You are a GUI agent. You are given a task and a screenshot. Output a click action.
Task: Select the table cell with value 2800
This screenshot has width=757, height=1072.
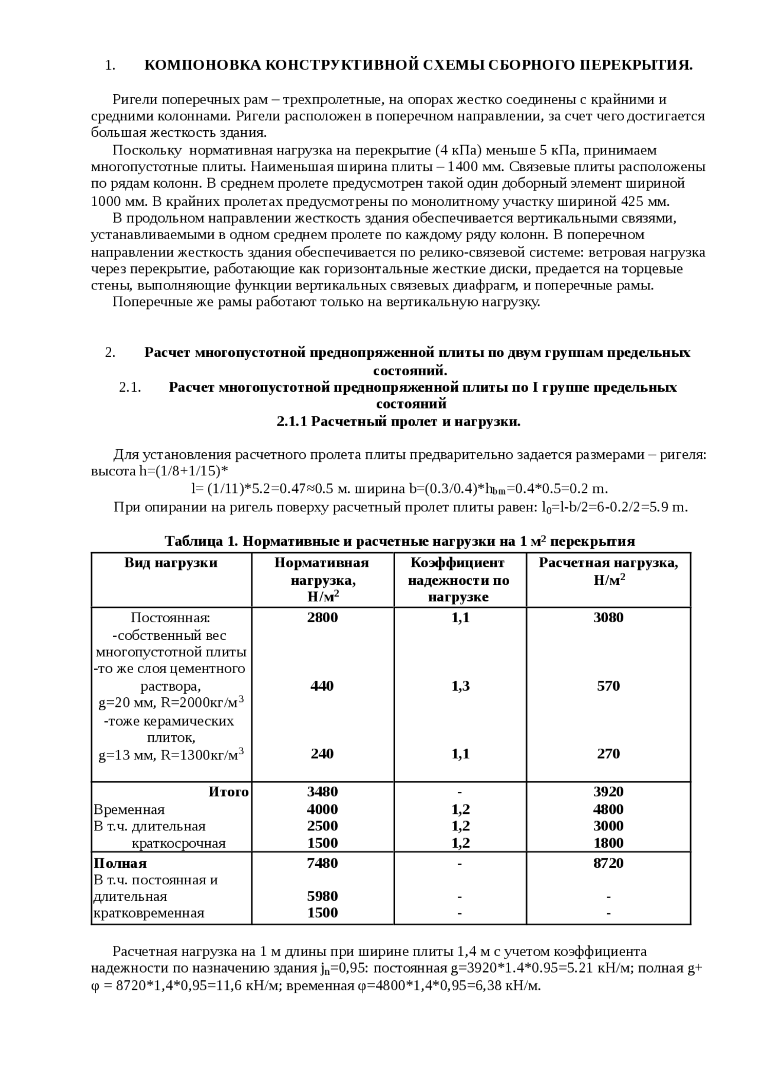[x=322, y=617]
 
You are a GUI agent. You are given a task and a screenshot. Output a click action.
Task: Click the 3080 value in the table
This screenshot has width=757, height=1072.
[x=608, y=617]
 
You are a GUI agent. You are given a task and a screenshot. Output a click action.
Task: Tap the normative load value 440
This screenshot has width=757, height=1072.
[x=322, y=685]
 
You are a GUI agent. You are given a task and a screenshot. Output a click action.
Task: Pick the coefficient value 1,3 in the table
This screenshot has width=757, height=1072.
[x=460, y=685]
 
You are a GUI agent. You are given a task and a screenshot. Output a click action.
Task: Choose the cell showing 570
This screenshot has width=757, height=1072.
[x=608, y=685]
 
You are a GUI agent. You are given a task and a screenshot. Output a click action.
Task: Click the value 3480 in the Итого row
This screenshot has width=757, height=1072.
[x=322, y=791]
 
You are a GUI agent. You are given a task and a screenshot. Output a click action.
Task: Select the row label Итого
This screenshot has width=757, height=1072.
[x=228, y=791]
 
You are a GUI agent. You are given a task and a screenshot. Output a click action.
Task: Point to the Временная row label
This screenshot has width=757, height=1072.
[x=129, y=809]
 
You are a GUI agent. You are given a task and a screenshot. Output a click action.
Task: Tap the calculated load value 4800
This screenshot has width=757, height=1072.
[x=608, y=809]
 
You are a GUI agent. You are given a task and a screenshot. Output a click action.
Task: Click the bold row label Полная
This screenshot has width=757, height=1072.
[x=120, y=863]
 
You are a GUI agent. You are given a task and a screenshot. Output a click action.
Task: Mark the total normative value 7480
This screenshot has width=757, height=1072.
[x=322, y=863]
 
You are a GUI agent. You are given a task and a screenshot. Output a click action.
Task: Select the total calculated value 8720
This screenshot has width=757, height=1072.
[x=608, y=863]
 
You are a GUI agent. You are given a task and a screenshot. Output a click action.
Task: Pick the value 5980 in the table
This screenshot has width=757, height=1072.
[x=322, y=896]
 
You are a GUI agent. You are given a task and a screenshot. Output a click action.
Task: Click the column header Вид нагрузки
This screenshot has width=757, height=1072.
[x=171, y=562]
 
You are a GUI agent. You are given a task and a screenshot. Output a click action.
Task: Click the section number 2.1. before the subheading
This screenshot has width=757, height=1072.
[x=130, y=387]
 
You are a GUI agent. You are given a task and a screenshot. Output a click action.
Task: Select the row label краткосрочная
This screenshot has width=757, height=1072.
[x=179, y=843]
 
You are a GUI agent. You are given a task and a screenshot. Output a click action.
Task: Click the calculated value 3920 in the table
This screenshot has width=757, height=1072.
[x=608, y=791]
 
